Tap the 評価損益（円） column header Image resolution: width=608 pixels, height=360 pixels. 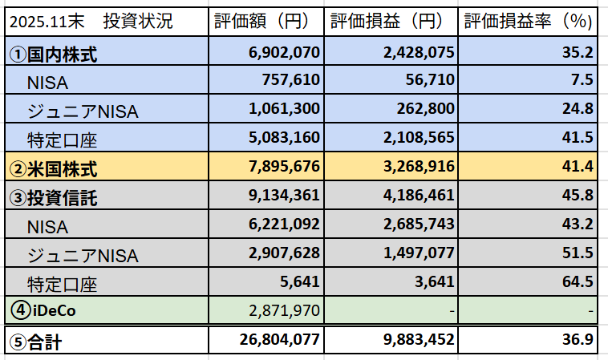[391, 22]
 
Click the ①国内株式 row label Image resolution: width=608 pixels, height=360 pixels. [53, 54]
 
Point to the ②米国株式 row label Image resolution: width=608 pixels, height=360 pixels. [53, 169]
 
